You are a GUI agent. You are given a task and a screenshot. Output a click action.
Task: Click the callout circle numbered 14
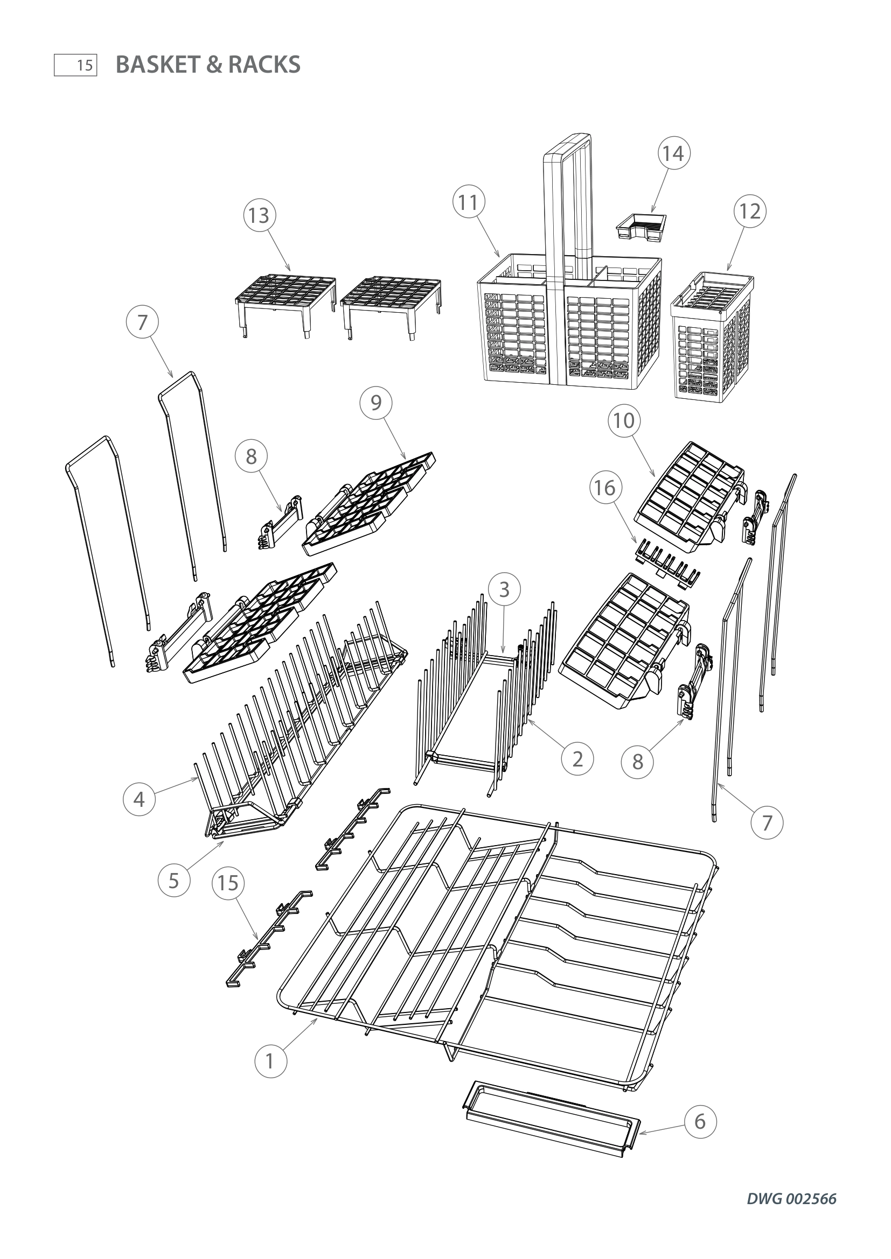pos(673,153)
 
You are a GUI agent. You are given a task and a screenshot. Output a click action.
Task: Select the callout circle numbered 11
pos(469,203)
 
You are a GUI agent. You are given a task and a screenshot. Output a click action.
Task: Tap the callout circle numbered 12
pos(750,211)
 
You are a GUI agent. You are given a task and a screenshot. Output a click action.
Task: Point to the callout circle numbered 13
pos(259,215)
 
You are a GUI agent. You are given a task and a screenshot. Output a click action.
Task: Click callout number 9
pos(376,403)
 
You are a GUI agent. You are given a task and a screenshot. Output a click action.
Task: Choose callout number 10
pos(624,420)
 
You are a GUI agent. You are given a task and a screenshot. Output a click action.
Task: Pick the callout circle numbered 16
pos(605,488)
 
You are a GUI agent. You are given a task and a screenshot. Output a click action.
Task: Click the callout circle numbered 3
pos(504,589)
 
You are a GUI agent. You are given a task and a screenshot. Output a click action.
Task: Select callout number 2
pos(577,759)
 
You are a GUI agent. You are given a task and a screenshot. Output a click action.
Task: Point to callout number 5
pos(174,881)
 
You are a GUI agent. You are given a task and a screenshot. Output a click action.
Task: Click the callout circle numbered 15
pos(228,883)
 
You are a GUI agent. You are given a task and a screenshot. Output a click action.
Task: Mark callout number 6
pos(700,1122)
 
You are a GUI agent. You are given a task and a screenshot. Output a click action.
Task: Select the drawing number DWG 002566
pos(791,1199)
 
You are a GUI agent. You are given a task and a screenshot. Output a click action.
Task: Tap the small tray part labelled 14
pos(642,227)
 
